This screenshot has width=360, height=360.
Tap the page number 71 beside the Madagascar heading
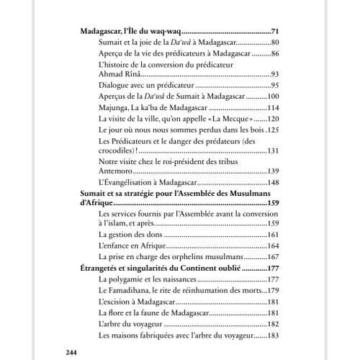point(274,33)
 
